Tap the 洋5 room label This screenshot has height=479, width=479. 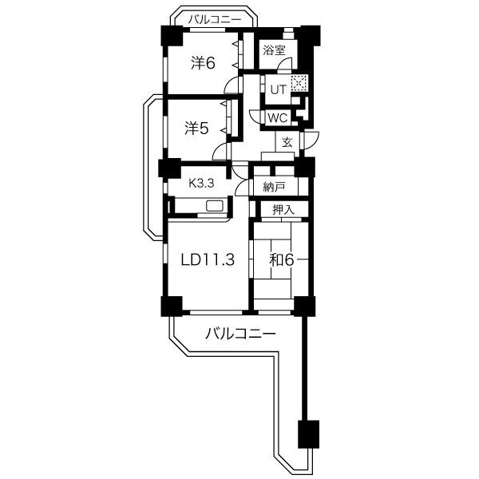pyautogui.click(x=198, y=128)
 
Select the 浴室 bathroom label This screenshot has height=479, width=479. pyautogui.click(x=274, y=50)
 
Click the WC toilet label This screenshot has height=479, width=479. pyautogui.click(x=277, y=117)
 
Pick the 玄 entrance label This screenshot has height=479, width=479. pyautogui.click(x=286, y=142)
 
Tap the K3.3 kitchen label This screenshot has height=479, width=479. pyautogui.click(x=202, y=183)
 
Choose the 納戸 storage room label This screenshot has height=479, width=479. pyautogui.click(x=274, y=188)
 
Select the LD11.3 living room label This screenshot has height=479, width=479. pyautogui.click(x=208, y=259)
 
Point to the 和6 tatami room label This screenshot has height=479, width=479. pyautogui.click(x=280, y=259)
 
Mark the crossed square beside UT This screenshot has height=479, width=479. pyautogui.click(x=299, y=83)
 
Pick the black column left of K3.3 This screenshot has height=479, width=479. pyautogui.click(x=169, y=168)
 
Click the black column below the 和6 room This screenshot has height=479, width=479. pyautogui.click(x=303, y=305)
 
